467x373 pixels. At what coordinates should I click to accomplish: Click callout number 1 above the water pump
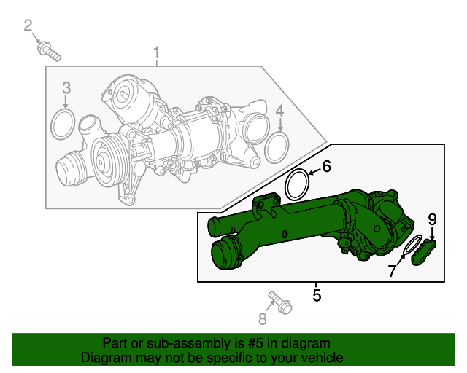point(156,52)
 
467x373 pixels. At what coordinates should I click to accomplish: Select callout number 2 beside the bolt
point(28,27)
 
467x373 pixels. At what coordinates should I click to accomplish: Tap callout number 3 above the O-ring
point(66,88)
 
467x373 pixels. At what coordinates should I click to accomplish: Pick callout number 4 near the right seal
point(279,110)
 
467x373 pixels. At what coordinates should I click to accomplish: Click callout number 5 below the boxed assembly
point(317,295)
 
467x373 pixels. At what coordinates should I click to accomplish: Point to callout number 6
point(326,167)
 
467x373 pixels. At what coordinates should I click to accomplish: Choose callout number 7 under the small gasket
point(393,271)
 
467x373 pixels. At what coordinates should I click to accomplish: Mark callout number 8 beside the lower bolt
point(263,318)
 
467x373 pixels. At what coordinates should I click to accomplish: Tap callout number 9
point(432,219)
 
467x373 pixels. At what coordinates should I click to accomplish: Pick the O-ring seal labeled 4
point(276,148)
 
